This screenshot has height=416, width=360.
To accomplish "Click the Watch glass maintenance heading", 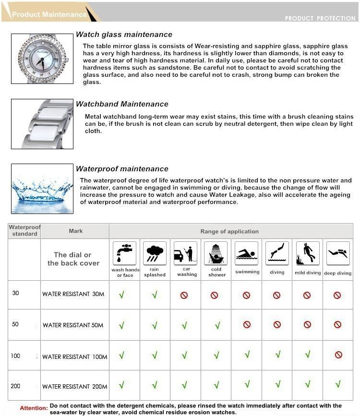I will pyautogui.click(x=124, y=35).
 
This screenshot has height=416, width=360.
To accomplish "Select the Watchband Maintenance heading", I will pyautogui.click(x=122, y=104).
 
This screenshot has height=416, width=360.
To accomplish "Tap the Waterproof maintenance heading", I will pyautogui.click(x=122, y=169).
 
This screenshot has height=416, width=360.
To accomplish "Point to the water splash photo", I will pyautogui.click(x=42, y=189).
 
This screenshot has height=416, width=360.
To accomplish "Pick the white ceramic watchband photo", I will pyautogui.click(x=42, y=124).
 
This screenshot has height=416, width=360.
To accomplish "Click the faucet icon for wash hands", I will pyautogui.click(x=125, y=253).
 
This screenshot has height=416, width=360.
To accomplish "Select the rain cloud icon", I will pyautogui.click(x=155, y=253).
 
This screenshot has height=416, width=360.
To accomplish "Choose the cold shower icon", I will pyautogui.click(x=216, y=253).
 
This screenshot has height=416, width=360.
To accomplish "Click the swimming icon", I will pyautogui.click(x=247, y=253).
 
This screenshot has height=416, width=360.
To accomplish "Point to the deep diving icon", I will pyautogui.click(x=338, y=253).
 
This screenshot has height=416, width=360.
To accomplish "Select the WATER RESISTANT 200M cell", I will pyautogui.click(x=74, y=386).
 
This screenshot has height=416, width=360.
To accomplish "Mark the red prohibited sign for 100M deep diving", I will pyautogui.click(x=338, y=355).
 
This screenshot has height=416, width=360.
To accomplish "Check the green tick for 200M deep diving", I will pyautogui.click(x=338, y=384).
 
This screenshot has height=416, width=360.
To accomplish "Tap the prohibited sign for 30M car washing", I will pyautogui.click(x=184, y=296).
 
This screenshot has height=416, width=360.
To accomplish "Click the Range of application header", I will pyautogui.click(x=229, y=231).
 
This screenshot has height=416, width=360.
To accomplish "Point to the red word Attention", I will pyautogui.click(x=34, y=408).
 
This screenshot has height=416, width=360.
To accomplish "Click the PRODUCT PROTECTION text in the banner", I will pyautogui.click(x=320, y=18).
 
